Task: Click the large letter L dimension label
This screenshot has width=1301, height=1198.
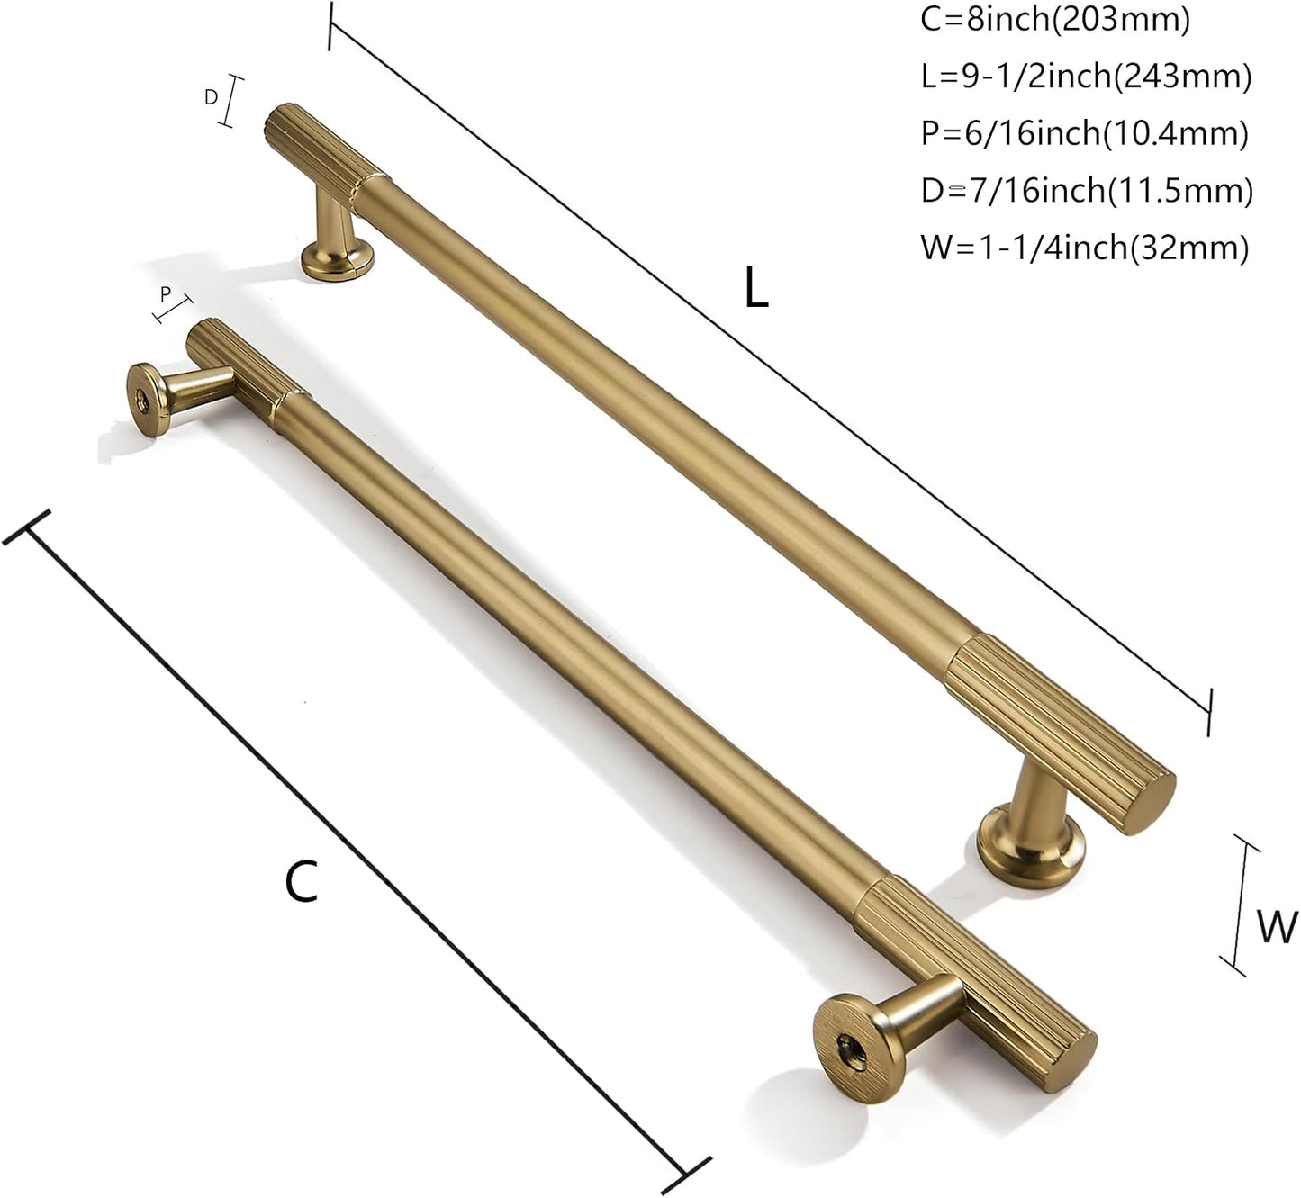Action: point(756,288)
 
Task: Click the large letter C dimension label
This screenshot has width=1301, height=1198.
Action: point(302,881)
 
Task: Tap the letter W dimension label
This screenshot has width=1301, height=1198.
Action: point(1277,927)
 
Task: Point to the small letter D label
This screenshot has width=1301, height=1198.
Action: point(212,97)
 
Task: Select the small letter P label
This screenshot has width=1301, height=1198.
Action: point(166,294)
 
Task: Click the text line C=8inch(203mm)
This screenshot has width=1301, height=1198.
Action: point(1055,20)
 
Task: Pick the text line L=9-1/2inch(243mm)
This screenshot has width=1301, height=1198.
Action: point(1086,77)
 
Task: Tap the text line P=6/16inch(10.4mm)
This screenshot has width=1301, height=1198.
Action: point(1084,133)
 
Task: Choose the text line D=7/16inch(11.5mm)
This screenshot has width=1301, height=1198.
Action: point(1087,191)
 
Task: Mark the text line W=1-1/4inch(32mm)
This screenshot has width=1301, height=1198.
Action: point(1084,248)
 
